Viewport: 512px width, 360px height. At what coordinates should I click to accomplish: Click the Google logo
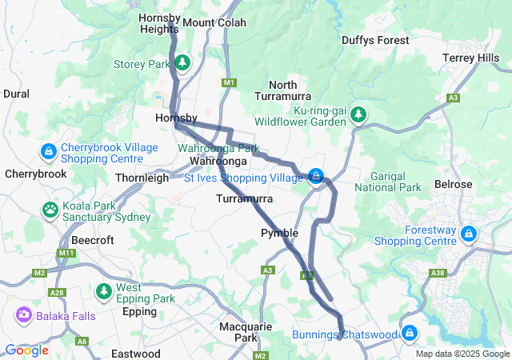click(26, 350)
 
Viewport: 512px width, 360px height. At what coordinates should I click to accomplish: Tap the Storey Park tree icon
click(183, 62)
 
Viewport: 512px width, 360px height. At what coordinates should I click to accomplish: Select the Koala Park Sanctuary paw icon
click(50, 210)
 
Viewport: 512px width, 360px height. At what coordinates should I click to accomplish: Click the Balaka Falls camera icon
click(22, 315)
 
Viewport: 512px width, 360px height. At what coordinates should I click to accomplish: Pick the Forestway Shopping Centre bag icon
click(468, 234)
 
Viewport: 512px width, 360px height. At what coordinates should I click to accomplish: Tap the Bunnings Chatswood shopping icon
click(410, 332)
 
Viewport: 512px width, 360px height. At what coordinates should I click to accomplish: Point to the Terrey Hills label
click(478, 58)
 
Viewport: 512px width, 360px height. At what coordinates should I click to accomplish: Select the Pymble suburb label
click(280, 233)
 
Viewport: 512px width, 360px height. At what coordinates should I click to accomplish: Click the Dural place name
click(16, 94)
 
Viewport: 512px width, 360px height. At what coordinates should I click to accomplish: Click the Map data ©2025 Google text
click(462, 354)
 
